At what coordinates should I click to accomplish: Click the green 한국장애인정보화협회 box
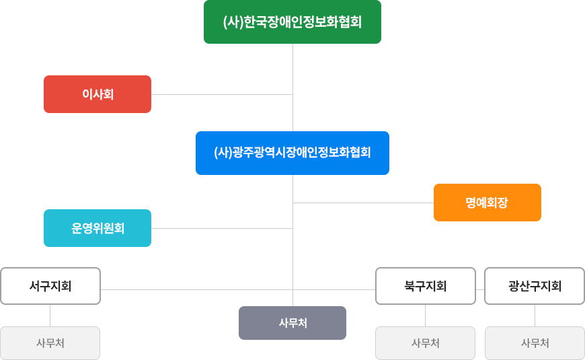click(292, 22)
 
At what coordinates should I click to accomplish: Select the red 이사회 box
click(97, 94)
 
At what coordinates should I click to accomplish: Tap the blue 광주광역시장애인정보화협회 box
click(292, 153)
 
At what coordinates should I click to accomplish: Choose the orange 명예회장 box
click(487, 202)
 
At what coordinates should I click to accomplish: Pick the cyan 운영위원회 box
click(97, 228)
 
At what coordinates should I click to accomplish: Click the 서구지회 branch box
click(50, 286)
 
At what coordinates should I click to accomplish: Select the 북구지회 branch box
click(425, 286)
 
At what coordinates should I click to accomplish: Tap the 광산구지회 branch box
click(535, 286)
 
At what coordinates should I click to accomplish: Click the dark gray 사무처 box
click(292, 323)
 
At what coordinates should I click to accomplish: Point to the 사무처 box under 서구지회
click(50, 343)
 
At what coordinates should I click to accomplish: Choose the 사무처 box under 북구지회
click(425, 343)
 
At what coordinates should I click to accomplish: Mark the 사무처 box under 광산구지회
click(535, 343)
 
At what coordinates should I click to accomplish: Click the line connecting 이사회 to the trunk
click(222, 94)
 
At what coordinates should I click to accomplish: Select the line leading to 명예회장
click(363, 202)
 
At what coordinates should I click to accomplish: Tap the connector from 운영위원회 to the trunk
click(222, 228)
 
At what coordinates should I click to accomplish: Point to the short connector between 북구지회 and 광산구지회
click(480, 289)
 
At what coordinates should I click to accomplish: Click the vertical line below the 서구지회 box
click(50, 316)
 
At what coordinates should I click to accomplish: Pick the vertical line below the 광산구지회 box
click(535, 316)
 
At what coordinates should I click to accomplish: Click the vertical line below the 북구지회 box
click(425, 316)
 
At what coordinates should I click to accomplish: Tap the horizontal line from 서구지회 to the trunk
click(195, 289)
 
